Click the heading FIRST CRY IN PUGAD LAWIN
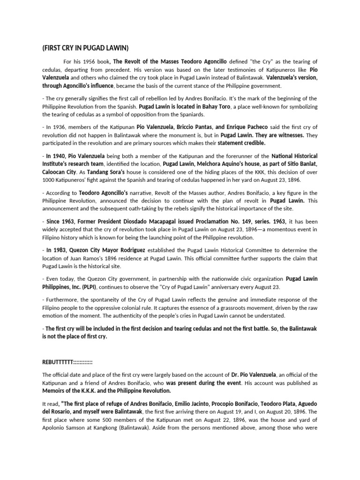[86, 49]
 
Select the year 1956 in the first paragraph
[90, 62]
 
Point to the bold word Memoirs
[56, 390]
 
